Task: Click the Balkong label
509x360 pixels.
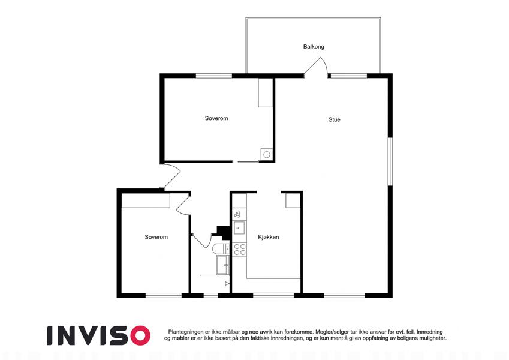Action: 314,47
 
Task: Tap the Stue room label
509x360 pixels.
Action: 334,119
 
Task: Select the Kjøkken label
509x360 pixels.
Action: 269,237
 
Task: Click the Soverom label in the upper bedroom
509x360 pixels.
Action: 216,118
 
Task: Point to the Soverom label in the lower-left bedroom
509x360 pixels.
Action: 156,237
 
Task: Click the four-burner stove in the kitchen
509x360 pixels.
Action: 240,250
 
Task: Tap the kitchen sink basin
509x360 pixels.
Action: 240,228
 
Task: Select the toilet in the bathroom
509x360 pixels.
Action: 221,249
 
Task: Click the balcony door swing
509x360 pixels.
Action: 315,67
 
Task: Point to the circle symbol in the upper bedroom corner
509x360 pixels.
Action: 267,155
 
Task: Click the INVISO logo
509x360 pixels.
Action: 99,335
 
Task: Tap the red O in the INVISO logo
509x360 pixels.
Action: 140,335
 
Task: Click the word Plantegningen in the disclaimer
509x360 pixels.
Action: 186,332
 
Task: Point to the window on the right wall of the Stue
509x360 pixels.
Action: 390,161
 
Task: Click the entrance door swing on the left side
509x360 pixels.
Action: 171,176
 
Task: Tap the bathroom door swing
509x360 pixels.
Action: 201,241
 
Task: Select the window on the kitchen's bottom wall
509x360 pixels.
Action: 273,295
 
